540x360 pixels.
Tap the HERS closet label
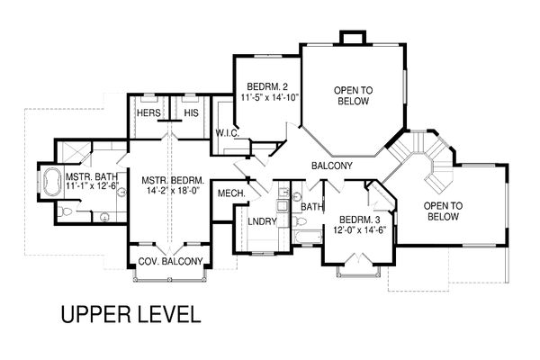point(148,113)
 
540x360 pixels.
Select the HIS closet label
point(191,113)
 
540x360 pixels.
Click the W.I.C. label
point(226,134)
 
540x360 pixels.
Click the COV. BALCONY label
point(169,262)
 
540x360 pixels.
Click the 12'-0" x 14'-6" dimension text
point(354,230)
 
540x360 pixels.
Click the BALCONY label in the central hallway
point(331,166)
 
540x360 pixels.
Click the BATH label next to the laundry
point(311,207)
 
